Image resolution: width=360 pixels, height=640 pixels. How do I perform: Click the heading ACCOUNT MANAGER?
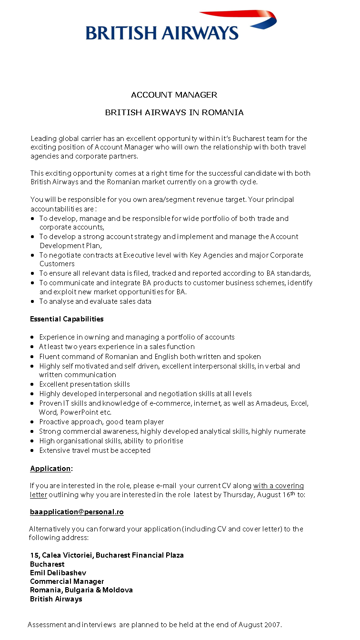[174, 95]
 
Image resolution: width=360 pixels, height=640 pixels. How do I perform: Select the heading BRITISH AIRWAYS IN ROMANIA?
[174, 112]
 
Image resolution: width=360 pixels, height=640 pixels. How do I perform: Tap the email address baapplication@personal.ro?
[77, 512]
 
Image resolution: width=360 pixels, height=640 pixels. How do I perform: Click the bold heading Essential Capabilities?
[67, 319]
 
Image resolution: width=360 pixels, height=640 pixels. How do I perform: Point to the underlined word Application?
[50, 469]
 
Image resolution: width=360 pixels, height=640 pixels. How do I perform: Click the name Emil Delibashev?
[58, 572]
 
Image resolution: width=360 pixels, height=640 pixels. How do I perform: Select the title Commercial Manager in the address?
[67, 581]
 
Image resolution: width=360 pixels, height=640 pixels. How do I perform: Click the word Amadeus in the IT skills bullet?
[272, 403]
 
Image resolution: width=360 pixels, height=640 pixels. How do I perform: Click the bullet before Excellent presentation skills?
[32, 384]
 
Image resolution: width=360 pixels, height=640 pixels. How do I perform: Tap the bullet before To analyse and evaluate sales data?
[32, 301]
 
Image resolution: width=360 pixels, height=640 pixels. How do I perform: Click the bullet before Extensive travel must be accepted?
[32, 450]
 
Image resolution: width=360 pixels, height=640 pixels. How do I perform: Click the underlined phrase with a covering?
[279, 486]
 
